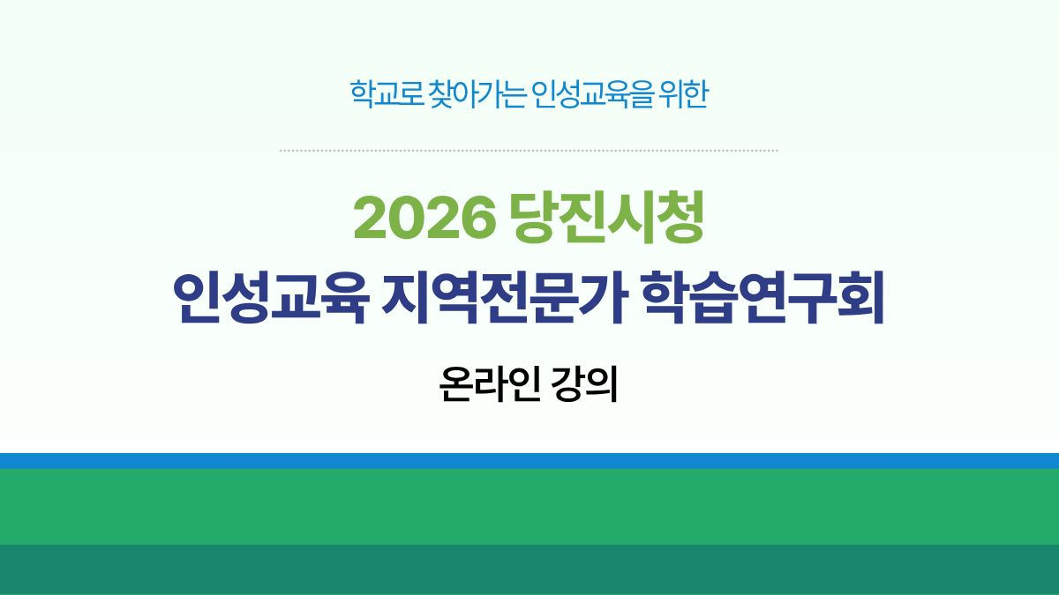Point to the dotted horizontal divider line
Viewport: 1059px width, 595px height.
tap(529, 151)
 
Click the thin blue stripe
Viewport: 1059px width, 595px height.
tap(529, 460)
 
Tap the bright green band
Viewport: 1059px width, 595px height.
tap(529, 506)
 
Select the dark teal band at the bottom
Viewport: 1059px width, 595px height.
tap(529, 569)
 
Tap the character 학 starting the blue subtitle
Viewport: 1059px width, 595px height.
tap(359, 94)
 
